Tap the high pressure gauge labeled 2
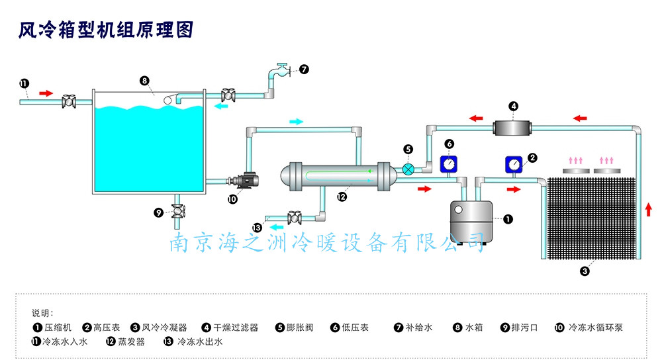(514, 163)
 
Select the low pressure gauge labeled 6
(449, 163)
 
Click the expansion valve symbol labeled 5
(409, 169)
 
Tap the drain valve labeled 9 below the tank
(178, 212)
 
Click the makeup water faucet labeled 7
(283, 69)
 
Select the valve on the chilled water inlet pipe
(68, 101)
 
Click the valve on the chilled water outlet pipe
(296, 216)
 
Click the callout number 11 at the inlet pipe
(24, 83)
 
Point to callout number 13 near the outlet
(257, 228)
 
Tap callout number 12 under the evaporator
(342, 196)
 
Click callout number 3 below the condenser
(585, 270)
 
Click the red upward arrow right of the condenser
(648, 210)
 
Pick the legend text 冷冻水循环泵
(596, 327)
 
